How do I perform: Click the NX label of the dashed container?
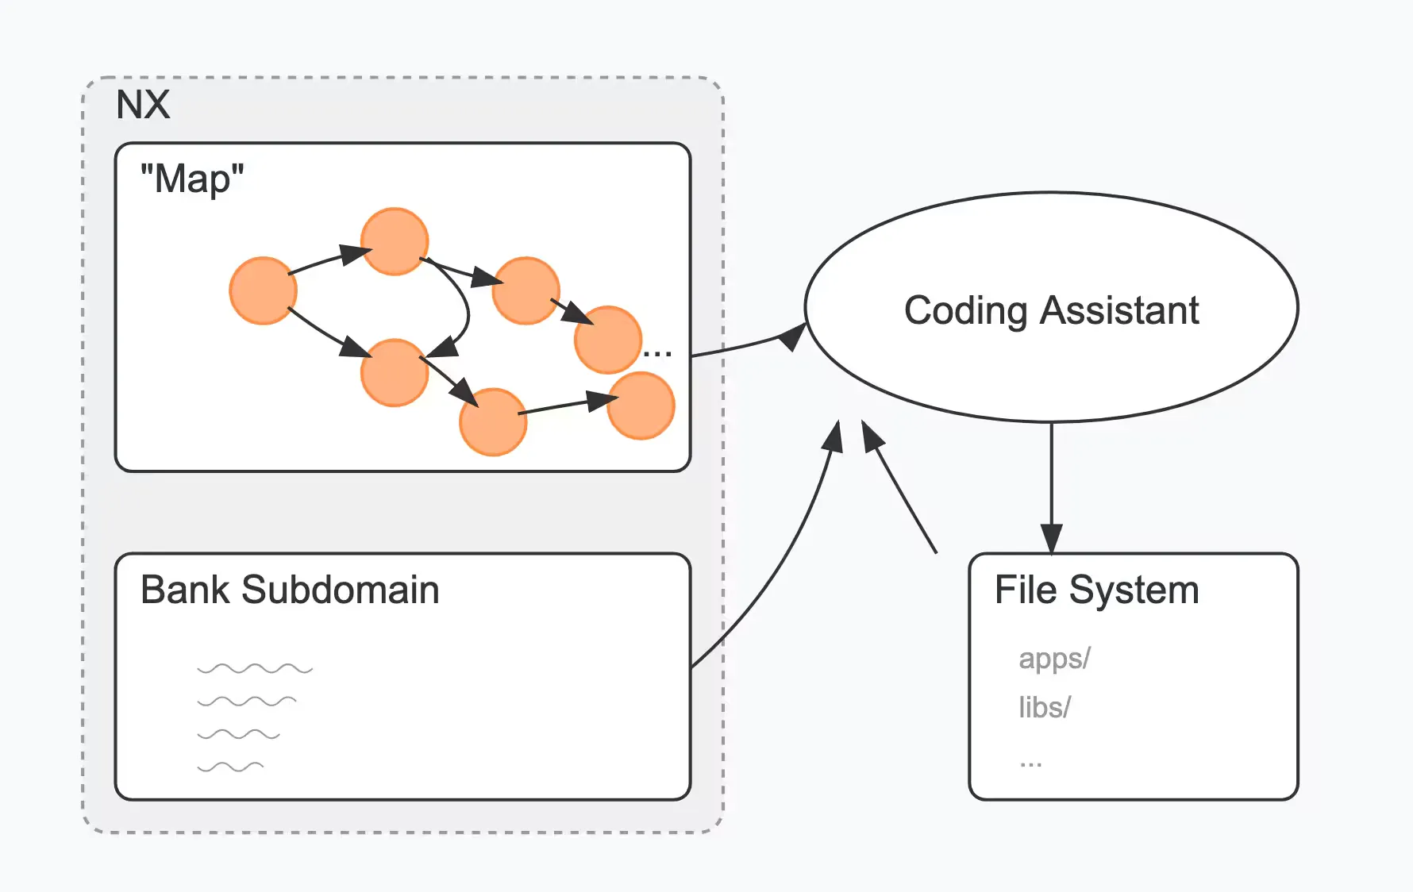click(x=143, y=105)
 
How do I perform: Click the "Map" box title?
click(x=192, y=179)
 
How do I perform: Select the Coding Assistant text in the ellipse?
click(x=1051, y=310)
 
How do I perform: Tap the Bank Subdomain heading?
click(x=290, y=590)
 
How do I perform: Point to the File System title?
click(x=1096, y=590)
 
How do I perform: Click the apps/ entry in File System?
click(x=1054, y=659)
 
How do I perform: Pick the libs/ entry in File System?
click(x=1045, y=707)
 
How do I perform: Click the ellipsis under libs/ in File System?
click(x=1030, y=763)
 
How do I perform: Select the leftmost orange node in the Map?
click(x=263, y=290)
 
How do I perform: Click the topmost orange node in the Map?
click(x=395, y=241)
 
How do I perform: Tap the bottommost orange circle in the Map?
click(x=493, y=421)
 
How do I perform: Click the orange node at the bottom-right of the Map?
click(x=641, y=406)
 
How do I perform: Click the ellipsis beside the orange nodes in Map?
click(x=657, y=352)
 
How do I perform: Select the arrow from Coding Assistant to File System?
click(x=1051, y=484)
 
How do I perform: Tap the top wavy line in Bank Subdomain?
click(x=255, y=669)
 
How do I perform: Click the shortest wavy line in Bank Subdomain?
click(x=230, y=767)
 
